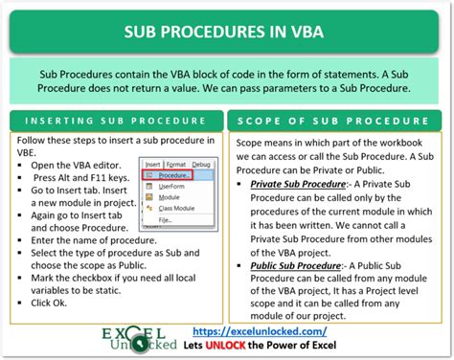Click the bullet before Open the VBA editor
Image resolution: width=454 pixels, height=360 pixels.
[21, 166]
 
